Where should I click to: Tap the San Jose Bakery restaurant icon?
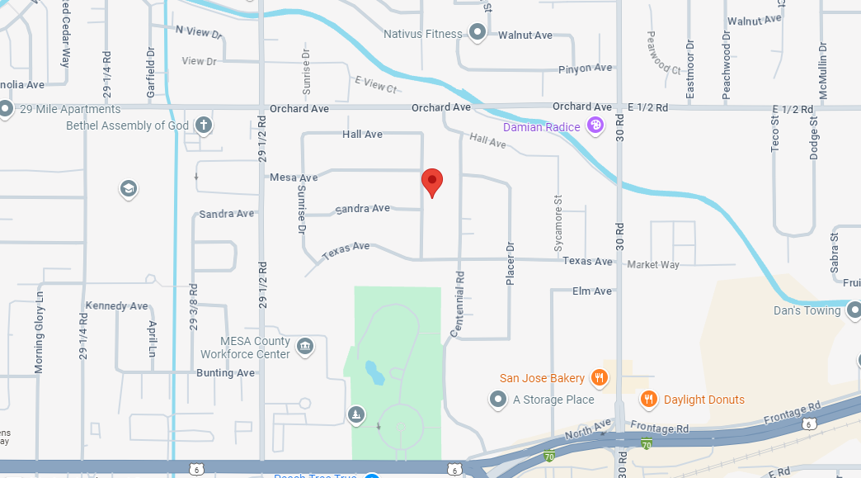tap(600, 378)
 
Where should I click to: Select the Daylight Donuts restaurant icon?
tap(649, 400)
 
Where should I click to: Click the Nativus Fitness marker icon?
tap(478, 34)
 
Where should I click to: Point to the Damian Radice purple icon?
tap(595, 126)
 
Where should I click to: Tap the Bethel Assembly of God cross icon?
tap(203, 125)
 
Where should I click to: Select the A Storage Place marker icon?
tap(498, 400)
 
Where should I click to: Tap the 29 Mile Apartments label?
tap(70, 109)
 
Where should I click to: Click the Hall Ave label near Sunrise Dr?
tap(362, 134)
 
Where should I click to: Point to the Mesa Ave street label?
tap(294, 177)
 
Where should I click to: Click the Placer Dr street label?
tap(510, 264)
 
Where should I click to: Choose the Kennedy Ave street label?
tap(116, 305)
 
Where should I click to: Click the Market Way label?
tap(653, 265)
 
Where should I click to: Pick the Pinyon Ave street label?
tap(586, 68)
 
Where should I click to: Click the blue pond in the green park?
tap(374, 373)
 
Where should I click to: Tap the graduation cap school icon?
tap(128, 189)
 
